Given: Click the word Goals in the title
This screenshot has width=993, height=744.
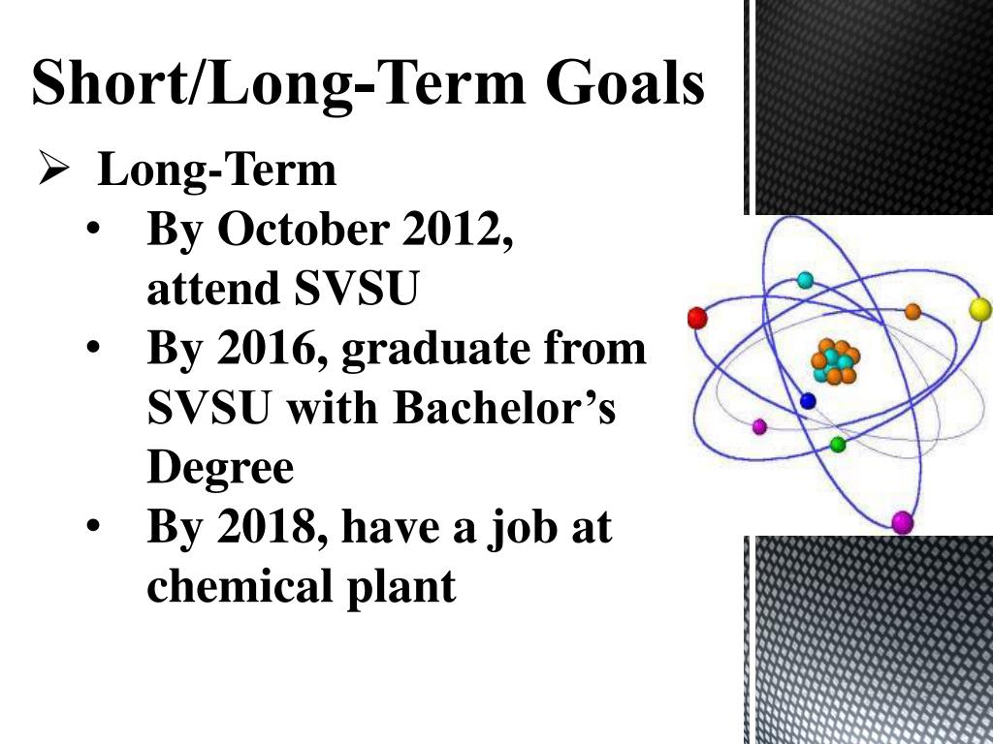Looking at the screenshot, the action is [x=625, y=83].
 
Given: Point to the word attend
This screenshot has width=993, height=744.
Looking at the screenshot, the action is [x=213, y=288].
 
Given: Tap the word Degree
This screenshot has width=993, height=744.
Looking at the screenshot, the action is [x=220, y=469].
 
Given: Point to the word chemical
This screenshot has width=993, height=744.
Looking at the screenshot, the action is [x=240, y=584].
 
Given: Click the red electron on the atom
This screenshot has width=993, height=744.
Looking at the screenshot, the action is [x=696, y=318].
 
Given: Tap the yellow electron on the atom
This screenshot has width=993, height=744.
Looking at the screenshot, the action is [x=979, y=309].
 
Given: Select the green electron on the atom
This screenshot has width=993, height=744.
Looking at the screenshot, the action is [x=838, y=444].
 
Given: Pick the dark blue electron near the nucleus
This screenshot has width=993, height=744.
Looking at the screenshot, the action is [x=808, y=400].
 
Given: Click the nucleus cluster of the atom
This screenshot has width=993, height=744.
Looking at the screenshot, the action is [x=835, y=362].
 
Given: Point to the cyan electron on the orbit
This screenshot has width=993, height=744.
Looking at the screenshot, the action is [x=805, y=280].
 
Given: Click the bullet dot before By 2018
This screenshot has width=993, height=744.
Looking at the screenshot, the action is [x=94, y=526].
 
